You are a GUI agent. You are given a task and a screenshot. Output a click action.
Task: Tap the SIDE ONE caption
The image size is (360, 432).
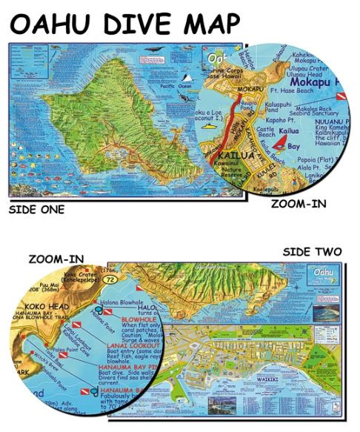click(x=36, y=209)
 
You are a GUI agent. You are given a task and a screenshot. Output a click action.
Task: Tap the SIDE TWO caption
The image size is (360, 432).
click(x=312, y=252)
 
